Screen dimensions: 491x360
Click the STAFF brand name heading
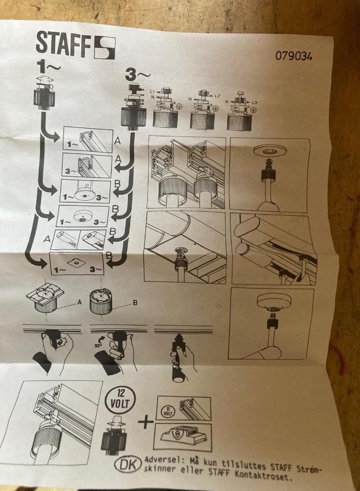[61, 43]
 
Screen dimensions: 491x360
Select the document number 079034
[293, 55]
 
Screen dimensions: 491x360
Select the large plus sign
[145, 423]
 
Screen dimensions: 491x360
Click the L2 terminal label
[218, 96]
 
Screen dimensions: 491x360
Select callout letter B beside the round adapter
[135, 303]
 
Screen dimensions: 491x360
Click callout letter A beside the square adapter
[79, 302]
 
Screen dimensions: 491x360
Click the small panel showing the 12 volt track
[183, 410]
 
